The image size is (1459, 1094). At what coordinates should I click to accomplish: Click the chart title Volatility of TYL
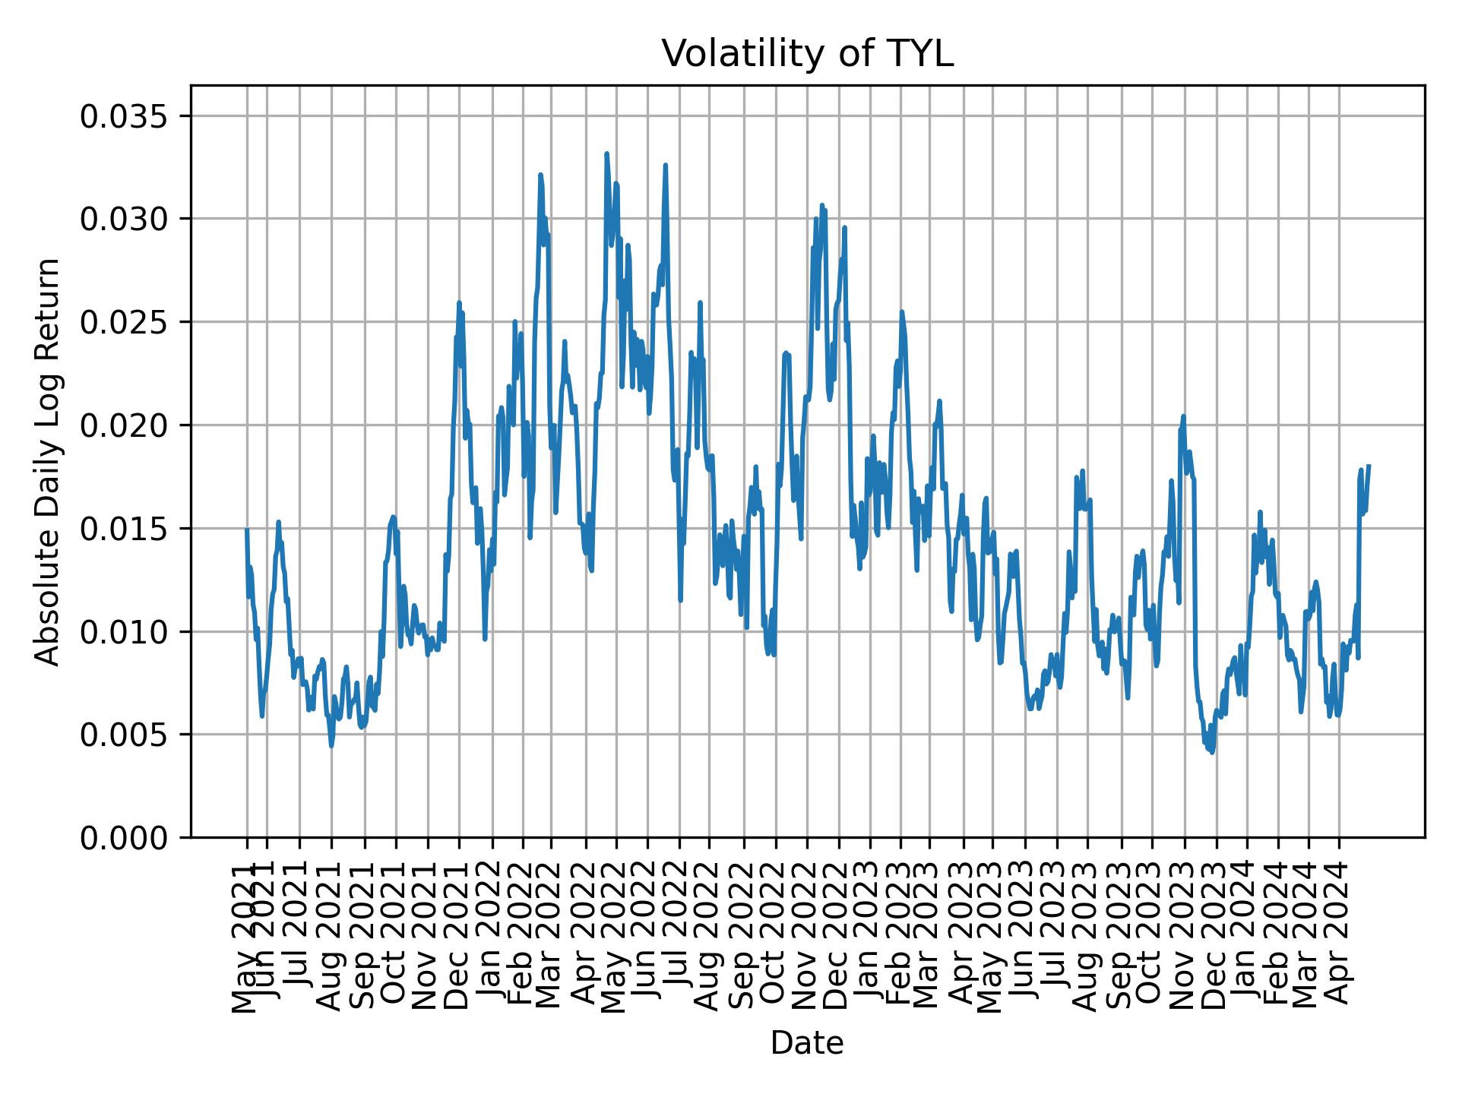[807, 54]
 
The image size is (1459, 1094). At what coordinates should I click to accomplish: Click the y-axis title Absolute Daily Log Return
[49, 461]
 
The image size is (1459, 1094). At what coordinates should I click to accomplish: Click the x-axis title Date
[807, 1043]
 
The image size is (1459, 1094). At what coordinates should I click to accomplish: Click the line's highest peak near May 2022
[606, 154]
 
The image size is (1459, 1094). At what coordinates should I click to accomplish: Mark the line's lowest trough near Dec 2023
[1212, 752]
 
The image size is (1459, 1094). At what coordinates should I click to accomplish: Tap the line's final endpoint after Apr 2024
[1369, 466]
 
